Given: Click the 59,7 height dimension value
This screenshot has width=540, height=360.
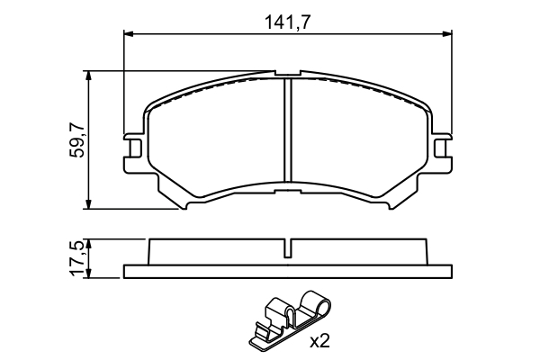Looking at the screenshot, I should click(x=77, y=139).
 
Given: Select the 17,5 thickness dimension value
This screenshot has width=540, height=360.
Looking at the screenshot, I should click(x=77, y=258).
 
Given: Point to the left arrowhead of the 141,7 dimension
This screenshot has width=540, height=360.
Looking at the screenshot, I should click(x=126, y=35).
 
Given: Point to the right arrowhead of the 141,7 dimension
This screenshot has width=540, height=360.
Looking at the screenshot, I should click(x=447, y=35).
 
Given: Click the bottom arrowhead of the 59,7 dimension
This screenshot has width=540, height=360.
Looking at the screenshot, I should click(x=89, y=205).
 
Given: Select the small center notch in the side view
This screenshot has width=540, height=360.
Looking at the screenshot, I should click(x=286, y=249).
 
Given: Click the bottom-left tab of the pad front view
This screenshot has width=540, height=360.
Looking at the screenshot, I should click(x=185, y=205).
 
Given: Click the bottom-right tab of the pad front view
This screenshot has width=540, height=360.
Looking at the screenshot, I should click(x=388, y=205).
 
